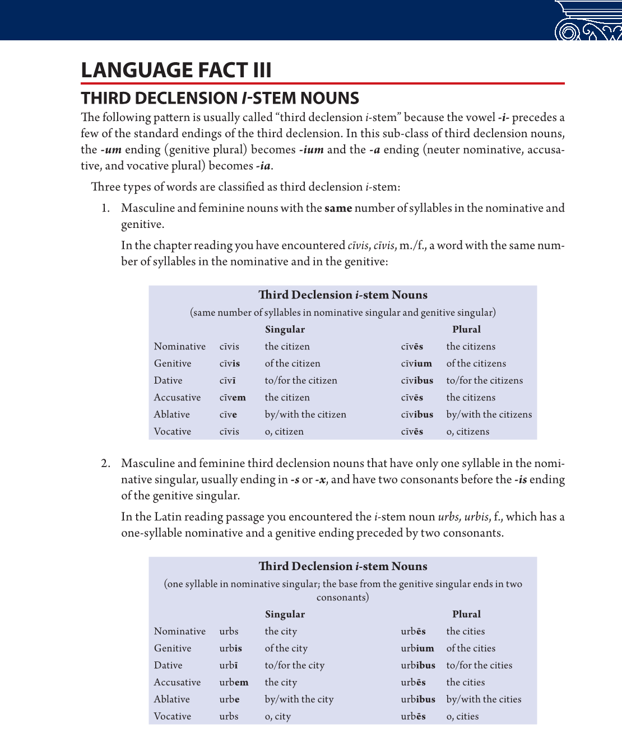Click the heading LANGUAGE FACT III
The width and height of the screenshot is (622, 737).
tap(176, 71)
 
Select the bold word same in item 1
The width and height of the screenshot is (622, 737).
tap(338, 208)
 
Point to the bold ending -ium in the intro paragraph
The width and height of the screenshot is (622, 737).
tap(311, 150)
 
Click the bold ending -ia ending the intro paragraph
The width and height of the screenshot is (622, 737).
tap(263, 166)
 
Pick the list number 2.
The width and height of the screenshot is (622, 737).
tap(106, 464)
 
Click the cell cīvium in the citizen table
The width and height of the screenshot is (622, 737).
tap(416, 363)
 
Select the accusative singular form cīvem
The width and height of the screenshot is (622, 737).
tap(233, 398)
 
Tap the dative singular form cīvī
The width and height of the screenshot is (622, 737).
tap(228, 380)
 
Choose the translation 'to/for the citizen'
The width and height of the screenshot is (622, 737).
tap(301, 380)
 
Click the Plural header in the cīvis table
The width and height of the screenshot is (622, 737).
tap(466, 329)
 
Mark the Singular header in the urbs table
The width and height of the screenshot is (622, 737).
tap(285, 614)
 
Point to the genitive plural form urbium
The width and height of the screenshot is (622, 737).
tap(417, 649)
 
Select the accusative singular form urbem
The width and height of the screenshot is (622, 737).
tap(234, 682)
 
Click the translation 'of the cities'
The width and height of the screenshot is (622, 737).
tap(471, 649)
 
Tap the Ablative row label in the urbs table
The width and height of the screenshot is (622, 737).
tap(172, 699)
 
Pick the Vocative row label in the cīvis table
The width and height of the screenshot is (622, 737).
tap(173, 432)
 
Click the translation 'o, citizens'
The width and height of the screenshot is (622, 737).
tap(468, 432)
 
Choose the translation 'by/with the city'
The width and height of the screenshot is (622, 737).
tap(299, 699)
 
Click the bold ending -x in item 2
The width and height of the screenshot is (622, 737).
tap(321, 480)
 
